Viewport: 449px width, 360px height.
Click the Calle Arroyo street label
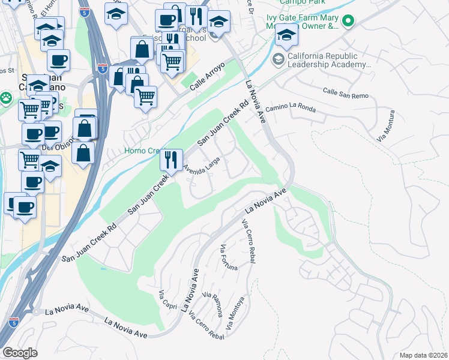tap(208, 77)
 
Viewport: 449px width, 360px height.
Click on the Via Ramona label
tap(213, 304)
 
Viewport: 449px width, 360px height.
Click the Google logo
tap(20, 352)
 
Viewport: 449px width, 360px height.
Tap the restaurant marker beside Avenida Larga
tap(171, 159)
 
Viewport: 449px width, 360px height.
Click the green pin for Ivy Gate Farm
tap(348, 22)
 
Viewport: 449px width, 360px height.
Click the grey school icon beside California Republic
tap(279, 59)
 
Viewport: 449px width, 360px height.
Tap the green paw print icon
tap(6, 97)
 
